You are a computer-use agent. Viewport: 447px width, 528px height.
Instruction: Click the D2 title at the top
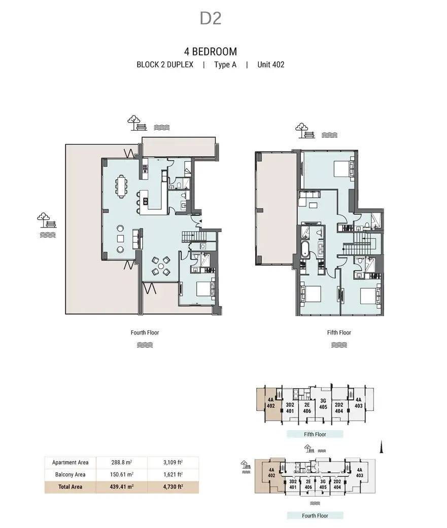pyautogui.click(x=211, y=18)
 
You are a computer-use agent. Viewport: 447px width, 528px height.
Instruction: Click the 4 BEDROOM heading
pyautogui.click(x=211, y=52)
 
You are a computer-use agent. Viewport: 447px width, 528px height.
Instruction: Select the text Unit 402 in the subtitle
pyautogui.click(x=271, y=65)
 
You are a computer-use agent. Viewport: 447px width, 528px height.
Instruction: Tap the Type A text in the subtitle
pyautogui.click(x=225, y=65)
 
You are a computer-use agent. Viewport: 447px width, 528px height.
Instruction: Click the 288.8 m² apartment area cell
pyautogui.click(x=121, y=462)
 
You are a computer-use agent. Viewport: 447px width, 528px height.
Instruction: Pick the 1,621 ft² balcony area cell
pyautogui.click(x=173, y=474)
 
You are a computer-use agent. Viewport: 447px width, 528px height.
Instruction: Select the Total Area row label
pyautogui.click(x=70, y=486)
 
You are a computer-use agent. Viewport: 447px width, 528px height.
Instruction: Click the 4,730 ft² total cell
pyautogui.click(x=173, y=486)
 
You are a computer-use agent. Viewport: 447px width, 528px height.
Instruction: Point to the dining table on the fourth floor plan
pyautogui.click(x=121, y=186)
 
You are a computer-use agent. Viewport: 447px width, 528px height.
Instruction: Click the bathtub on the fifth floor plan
pyautogui.click(x=305, y=249)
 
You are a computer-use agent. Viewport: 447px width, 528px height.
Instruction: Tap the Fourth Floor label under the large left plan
pyautogui.click(x=145, y=332)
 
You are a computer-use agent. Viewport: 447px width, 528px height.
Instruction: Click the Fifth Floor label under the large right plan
pyautogui.click(x=339, y=332)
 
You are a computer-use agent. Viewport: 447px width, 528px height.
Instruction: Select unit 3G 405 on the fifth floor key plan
pyautogui.click(x=323, y=404)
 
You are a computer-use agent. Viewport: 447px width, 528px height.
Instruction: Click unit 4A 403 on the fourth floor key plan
pyautogui.click(x=359, y=472)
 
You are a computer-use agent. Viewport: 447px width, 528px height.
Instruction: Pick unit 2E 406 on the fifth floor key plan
pyautogui.click(x=307, y=408)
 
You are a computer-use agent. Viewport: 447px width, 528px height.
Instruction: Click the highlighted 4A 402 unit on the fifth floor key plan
pyautogui.click(x=271, y=403)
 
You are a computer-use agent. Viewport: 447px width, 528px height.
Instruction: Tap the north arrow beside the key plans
pyautogui.click(x=381, y=447)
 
